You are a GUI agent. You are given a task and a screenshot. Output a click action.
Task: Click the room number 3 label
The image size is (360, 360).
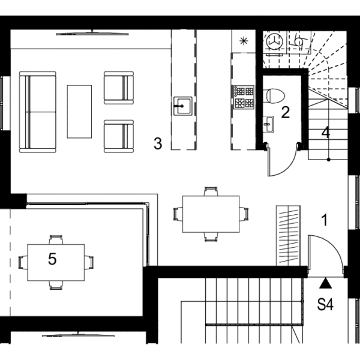(158, 143)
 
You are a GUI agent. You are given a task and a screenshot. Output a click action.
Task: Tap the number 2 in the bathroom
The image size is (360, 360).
(286, 113)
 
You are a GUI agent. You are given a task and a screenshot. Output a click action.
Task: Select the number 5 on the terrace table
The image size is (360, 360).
(52, 259)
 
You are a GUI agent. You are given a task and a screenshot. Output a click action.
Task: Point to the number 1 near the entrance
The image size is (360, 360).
(325, 220)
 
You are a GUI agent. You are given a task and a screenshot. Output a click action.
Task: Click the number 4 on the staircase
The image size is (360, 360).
(326, 133)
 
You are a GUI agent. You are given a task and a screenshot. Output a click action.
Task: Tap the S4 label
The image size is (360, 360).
(325, 304)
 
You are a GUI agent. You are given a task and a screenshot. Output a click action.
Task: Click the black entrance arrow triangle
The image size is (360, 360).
(326, 283)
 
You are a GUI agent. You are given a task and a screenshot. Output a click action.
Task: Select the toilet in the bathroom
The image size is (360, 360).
(274, 96)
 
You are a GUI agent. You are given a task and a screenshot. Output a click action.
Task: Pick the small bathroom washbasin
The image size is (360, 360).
(268, 124)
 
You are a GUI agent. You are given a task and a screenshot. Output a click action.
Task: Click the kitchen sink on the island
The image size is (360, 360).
(183, 106)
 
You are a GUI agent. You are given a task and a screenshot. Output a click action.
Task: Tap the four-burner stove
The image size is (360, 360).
(244, 97)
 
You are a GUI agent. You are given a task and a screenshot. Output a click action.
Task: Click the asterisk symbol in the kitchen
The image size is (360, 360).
(244, 41)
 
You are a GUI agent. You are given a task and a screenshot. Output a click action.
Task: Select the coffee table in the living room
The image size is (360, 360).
(79, 112)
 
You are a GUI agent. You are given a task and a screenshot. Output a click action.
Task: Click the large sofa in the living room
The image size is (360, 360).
(38, 112)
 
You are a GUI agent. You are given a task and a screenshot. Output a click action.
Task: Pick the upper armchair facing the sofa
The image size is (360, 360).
(119, 88)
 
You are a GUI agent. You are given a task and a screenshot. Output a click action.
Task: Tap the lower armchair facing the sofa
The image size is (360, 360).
(119, 136)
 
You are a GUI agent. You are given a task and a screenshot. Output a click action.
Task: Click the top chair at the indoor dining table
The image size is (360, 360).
(211, 191)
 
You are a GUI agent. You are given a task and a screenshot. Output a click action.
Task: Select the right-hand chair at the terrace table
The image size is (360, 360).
(89, 262)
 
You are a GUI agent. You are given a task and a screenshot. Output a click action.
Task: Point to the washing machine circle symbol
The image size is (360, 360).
(274, 41)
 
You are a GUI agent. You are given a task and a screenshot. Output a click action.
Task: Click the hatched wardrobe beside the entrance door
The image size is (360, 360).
(289, 236)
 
